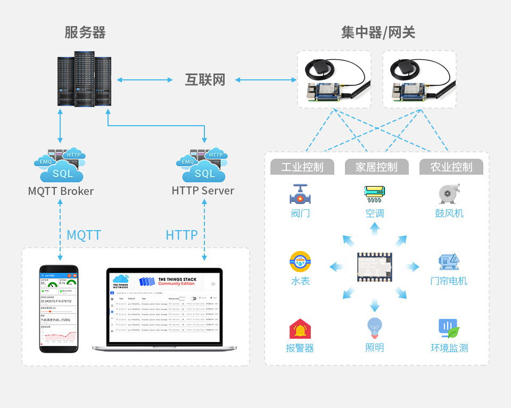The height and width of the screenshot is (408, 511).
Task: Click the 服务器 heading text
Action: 85,32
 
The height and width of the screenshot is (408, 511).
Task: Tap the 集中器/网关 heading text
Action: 378,32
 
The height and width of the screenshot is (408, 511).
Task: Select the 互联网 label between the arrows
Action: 205,80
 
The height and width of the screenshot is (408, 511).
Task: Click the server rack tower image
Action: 85,79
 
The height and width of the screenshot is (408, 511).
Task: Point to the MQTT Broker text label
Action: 61,191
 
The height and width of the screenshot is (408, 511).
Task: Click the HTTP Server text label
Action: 203,190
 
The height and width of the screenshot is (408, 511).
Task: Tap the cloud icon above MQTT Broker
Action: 60,165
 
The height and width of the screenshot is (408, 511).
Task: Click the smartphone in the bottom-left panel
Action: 59,308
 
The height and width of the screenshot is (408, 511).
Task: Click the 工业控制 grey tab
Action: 302,167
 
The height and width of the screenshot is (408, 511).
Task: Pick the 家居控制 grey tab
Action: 377,167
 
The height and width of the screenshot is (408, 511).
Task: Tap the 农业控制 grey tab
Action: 451,167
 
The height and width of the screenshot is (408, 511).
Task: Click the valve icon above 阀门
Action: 300,194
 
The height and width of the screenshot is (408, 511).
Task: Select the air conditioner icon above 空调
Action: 375,194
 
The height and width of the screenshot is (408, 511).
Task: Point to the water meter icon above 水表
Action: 300,262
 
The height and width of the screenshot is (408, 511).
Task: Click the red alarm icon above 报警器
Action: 300,329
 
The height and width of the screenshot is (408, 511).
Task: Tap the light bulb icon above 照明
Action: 375,328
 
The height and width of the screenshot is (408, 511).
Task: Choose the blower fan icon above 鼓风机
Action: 449,194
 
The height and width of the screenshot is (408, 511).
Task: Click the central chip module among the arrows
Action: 375,267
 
